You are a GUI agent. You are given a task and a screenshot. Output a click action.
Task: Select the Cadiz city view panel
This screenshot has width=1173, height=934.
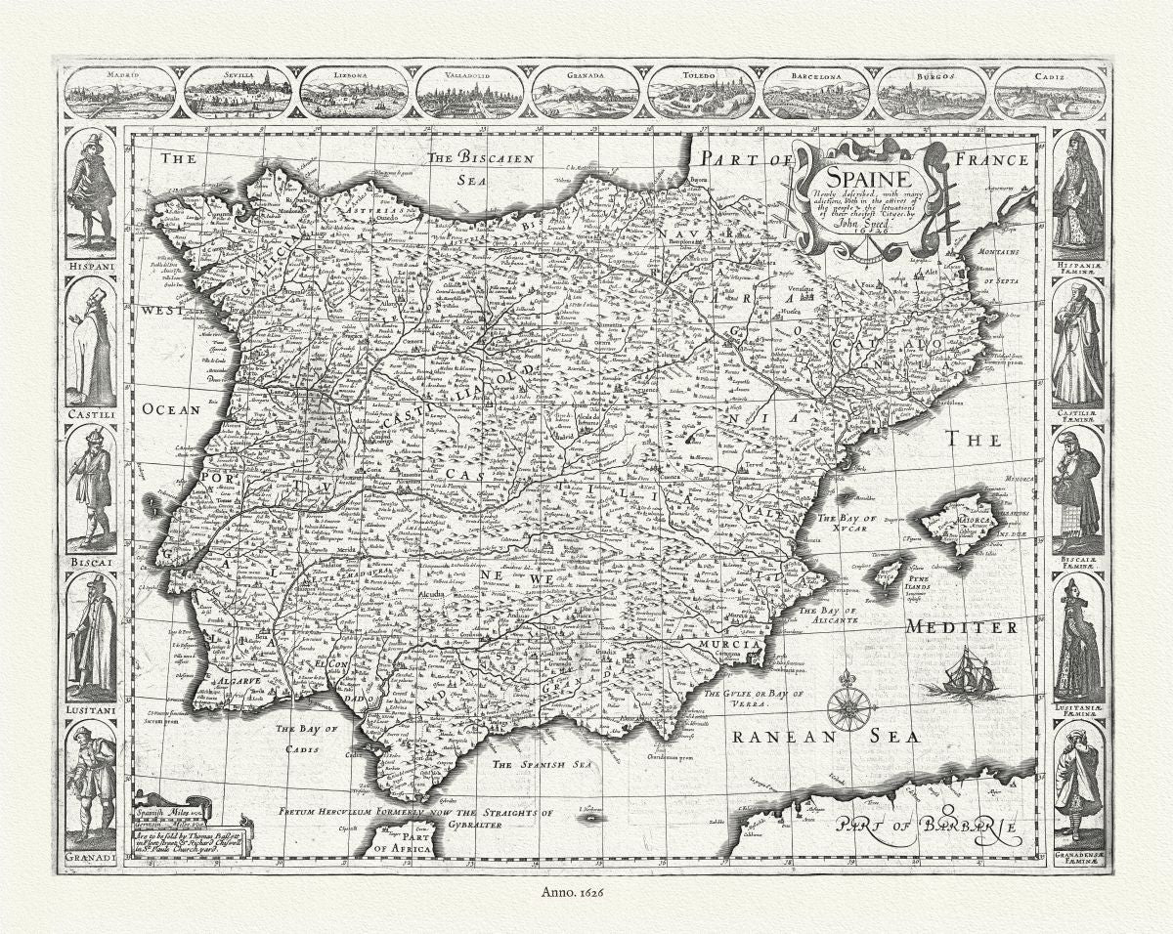1050,94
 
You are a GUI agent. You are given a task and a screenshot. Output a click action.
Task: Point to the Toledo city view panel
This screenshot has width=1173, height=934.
701,94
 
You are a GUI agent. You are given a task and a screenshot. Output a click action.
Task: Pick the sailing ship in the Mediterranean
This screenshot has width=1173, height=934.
971,674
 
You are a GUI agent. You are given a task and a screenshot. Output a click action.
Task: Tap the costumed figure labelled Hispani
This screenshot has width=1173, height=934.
91,190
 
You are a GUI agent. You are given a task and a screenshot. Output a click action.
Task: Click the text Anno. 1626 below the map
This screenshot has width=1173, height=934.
586,891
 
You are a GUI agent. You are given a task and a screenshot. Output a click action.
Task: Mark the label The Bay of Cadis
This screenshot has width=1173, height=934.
305,739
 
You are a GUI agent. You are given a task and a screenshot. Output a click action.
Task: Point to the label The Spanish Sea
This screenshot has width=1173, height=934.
543,765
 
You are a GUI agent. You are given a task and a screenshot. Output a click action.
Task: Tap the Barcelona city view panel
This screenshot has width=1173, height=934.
816,94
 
